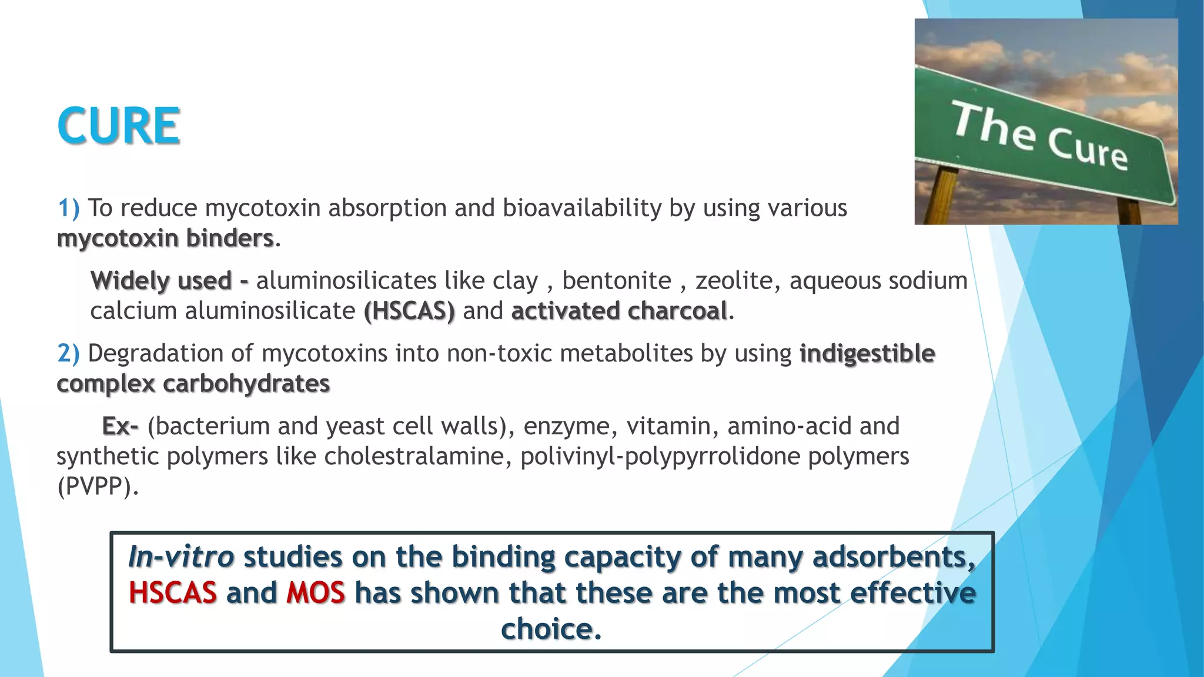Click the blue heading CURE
[118, 126]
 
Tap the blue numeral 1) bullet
[68, 208]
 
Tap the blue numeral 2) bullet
[68, 353]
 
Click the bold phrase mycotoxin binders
[165, 239]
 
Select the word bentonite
[616, 280]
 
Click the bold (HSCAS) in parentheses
[409, 311]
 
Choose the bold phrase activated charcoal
[619, 311]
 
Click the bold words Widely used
[161, 280]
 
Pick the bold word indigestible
[867, 353]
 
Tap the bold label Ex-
[120, 426]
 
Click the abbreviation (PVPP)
[98, 487]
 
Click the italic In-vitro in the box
[181, 557]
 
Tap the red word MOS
[316, 592]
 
